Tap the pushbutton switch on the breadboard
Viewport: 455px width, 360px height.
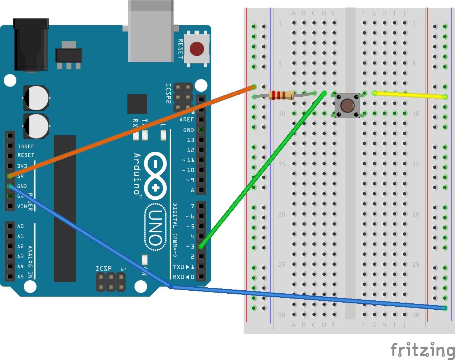[x=347, y=105]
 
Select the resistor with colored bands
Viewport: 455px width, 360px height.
[x=281, y=95]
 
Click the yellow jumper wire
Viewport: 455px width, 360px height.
[x=410, y=95]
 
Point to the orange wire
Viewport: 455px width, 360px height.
[x=130, y=131]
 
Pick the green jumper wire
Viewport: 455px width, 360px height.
[x=261, y=171]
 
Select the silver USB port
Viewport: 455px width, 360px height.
[x=151, y=32]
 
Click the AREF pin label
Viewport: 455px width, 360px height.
[x=187, y=120]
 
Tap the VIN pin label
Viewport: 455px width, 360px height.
[x=22, y=206]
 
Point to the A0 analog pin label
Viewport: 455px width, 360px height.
[x=20, y=226]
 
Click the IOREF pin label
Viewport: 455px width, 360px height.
[x=26, y=146]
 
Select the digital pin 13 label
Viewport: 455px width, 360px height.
[x=190, y=140]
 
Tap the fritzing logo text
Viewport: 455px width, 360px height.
[x=423, y=350]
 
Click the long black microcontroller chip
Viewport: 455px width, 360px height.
[x=65, y=209]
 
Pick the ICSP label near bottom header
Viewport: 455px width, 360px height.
[x=103, y=268]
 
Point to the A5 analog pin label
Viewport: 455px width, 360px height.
[x=20, y=277]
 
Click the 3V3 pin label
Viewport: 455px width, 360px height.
[x=22, y=166]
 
